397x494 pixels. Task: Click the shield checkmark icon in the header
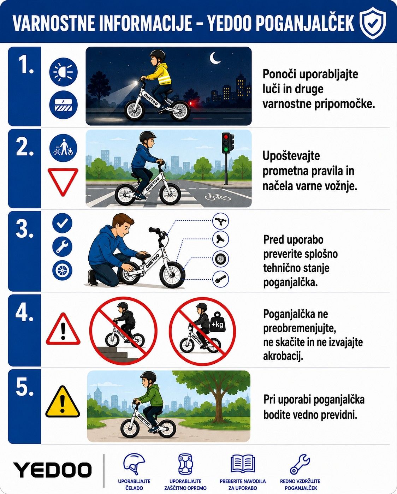pyautogui.click(x=373, y=23)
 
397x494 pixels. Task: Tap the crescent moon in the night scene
pyautogui.click(x=215, y=58)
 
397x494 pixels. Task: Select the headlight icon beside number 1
pyautogui.click(x=63, y=72)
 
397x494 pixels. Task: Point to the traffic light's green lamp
pyautogui.click(x=226, y=150)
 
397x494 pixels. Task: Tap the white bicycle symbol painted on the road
pyautogui.click(x=217, y=196)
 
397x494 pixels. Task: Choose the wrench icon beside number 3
pyautogui.click(x=62, y=246)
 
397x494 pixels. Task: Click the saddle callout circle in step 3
pyautogui.click(x=221, y=239)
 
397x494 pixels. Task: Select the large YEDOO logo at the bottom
pyautogui.click(x=52, y=470)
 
